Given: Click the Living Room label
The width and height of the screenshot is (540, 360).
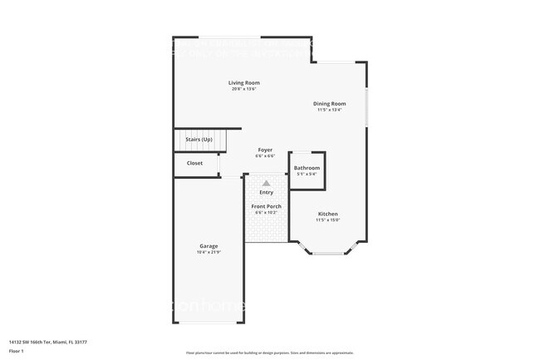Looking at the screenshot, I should point(245,82).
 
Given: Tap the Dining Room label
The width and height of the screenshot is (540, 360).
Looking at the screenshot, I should point(329,104).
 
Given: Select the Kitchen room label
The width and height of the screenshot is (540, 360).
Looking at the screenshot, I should point(327,214).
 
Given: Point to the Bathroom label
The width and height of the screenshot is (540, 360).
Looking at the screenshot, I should point(307,168).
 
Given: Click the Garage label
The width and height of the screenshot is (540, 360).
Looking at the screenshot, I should point(209,246).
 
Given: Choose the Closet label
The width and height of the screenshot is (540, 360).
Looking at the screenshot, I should point(194,163).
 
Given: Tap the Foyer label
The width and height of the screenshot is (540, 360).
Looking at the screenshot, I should point(265,150).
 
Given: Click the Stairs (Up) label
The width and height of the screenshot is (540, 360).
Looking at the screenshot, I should point(199,140).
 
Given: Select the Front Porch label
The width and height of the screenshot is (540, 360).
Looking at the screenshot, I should point(266,206).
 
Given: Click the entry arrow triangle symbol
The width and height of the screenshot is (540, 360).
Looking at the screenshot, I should point(266,183).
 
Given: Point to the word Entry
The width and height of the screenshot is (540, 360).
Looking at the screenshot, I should point(266,193).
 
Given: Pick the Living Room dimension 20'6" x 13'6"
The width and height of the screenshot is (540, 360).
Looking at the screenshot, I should point(245,89).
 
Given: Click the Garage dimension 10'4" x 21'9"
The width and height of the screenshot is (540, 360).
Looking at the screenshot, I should point(209,253).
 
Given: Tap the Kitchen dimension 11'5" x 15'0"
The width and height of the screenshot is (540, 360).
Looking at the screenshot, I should point(327,220).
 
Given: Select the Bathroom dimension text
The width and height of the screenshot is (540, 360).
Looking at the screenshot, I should point(307,175).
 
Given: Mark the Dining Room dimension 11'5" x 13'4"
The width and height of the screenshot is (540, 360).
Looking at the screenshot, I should point(329,110).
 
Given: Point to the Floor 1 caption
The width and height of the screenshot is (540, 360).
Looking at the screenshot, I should point(17,351).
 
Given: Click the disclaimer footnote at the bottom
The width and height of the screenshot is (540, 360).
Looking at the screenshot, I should point(269,353).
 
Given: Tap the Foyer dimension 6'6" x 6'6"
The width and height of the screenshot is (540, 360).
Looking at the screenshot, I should point(265,156).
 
